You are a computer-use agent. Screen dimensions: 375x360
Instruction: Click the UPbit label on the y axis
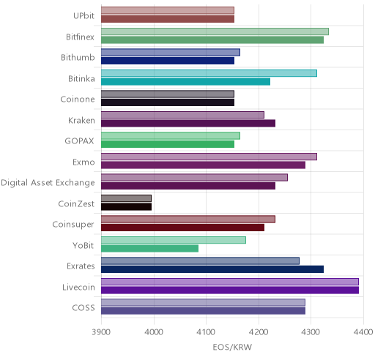(x=83, y=15)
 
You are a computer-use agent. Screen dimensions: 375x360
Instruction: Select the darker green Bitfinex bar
(x=212, y=40)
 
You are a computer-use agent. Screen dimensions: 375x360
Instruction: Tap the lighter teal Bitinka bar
(x=209, y=73)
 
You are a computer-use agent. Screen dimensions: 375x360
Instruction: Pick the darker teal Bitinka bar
(x=186, y=82)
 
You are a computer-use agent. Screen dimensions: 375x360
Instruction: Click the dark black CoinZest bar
(x=127, y=207)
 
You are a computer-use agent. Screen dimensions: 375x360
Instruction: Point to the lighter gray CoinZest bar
(x=127, y=198)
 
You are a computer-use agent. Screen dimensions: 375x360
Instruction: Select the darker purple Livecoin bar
(x=230, y=290)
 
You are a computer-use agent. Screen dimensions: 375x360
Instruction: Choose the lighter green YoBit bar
(x=174, y=240)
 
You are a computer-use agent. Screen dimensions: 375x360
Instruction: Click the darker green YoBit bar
(x=150, y=249)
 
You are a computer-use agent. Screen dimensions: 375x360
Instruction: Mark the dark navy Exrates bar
(x=212, y=269)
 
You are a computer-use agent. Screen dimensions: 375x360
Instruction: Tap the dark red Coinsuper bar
(x=183, y=228)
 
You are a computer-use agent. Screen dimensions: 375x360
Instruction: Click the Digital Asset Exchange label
(x=48, y=183)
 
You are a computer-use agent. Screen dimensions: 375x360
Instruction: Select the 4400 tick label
(x=363, y=332)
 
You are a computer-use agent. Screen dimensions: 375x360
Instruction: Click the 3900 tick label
(x=101, y=332)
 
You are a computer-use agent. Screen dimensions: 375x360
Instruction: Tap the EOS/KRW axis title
(x=232, y=347)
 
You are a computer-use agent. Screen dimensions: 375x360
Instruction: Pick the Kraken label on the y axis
(x=81, y=120)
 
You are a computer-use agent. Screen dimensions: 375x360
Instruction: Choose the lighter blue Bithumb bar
(x=171, y=52)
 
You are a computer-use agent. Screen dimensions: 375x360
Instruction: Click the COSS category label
(x=83, y=308)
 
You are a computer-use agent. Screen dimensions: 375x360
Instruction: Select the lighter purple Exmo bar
(x=209, y=157)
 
